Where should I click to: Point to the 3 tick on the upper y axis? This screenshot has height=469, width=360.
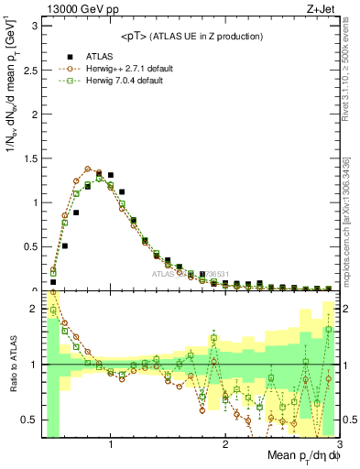37,26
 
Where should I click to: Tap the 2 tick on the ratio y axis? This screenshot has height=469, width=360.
37,309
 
